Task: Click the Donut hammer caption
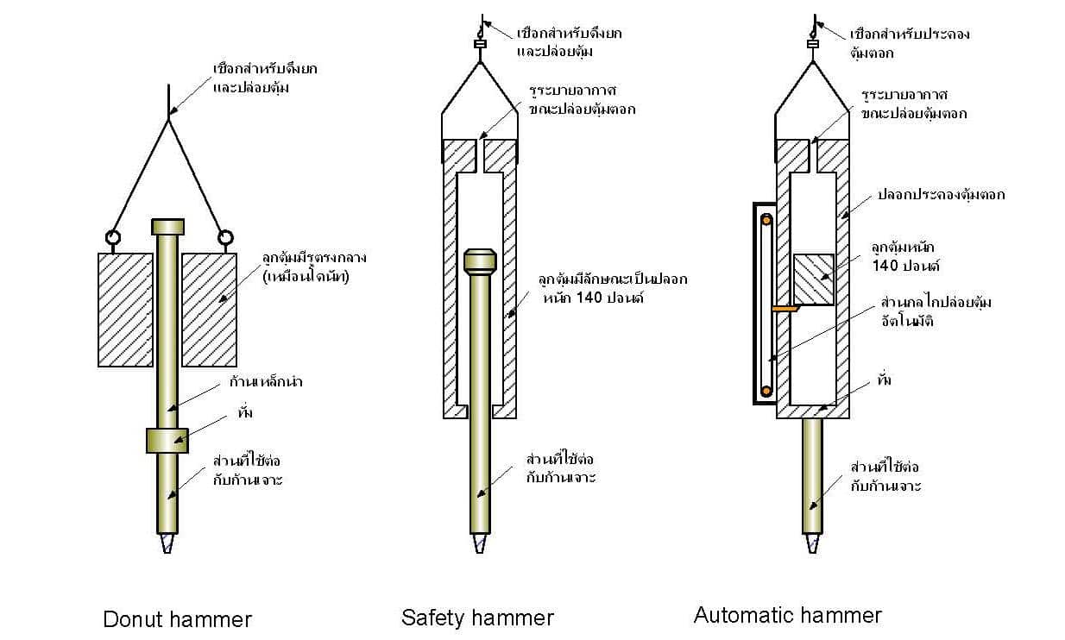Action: [x=177, y=619]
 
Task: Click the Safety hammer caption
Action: [x=476, y=618]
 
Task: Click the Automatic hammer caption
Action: [x=787, y=615]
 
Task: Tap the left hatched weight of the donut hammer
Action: [x=125, y=309]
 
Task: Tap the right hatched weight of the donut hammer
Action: [x=209, y=309]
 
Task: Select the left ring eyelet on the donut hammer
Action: [x=112, y=236]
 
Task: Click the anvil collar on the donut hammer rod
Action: [x=167, y=440]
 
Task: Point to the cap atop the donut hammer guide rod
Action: [x=167, y=227]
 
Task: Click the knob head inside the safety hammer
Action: [x=480, y=261]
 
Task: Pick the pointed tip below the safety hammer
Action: [x=479, y=544]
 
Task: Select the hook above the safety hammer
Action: [x=480, y=26]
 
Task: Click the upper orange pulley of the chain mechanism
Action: [x=765, y=220]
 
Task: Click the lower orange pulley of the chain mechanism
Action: [x=765, y=391]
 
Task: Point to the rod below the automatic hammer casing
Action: [x=811, y=474]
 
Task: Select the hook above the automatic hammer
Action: [x=812, y=26]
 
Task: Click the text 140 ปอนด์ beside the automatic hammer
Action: [x=898, y=266]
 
